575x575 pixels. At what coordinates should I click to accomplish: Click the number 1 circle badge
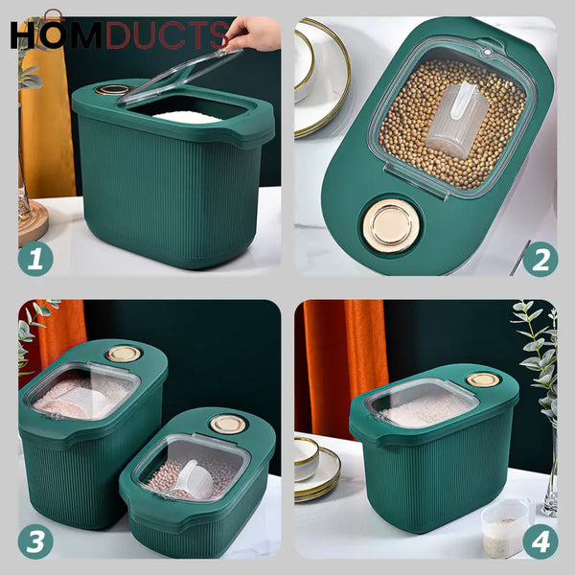35,260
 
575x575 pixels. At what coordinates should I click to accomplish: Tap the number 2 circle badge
540,260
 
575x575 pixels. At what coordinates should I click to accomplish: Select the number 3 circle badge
35,541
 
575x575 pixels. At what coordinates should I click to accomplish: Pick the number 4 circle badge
540,541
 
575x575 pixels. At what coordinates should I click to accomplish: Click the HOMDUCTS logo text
120,34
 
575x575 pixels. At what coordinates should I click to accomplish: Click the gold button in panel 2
390,226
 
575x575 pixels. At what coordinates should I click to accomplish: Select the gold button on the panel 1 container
114,90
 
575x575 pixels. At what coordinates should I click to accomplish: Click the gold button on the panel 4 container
483,379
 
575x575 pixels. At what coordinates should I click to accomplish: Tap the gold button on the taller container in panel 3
124,354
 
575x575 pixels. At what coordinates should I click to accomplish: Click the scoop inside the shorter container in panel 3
195,476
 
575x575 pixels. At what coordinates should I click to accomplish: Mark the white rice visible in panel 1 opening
189,117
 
